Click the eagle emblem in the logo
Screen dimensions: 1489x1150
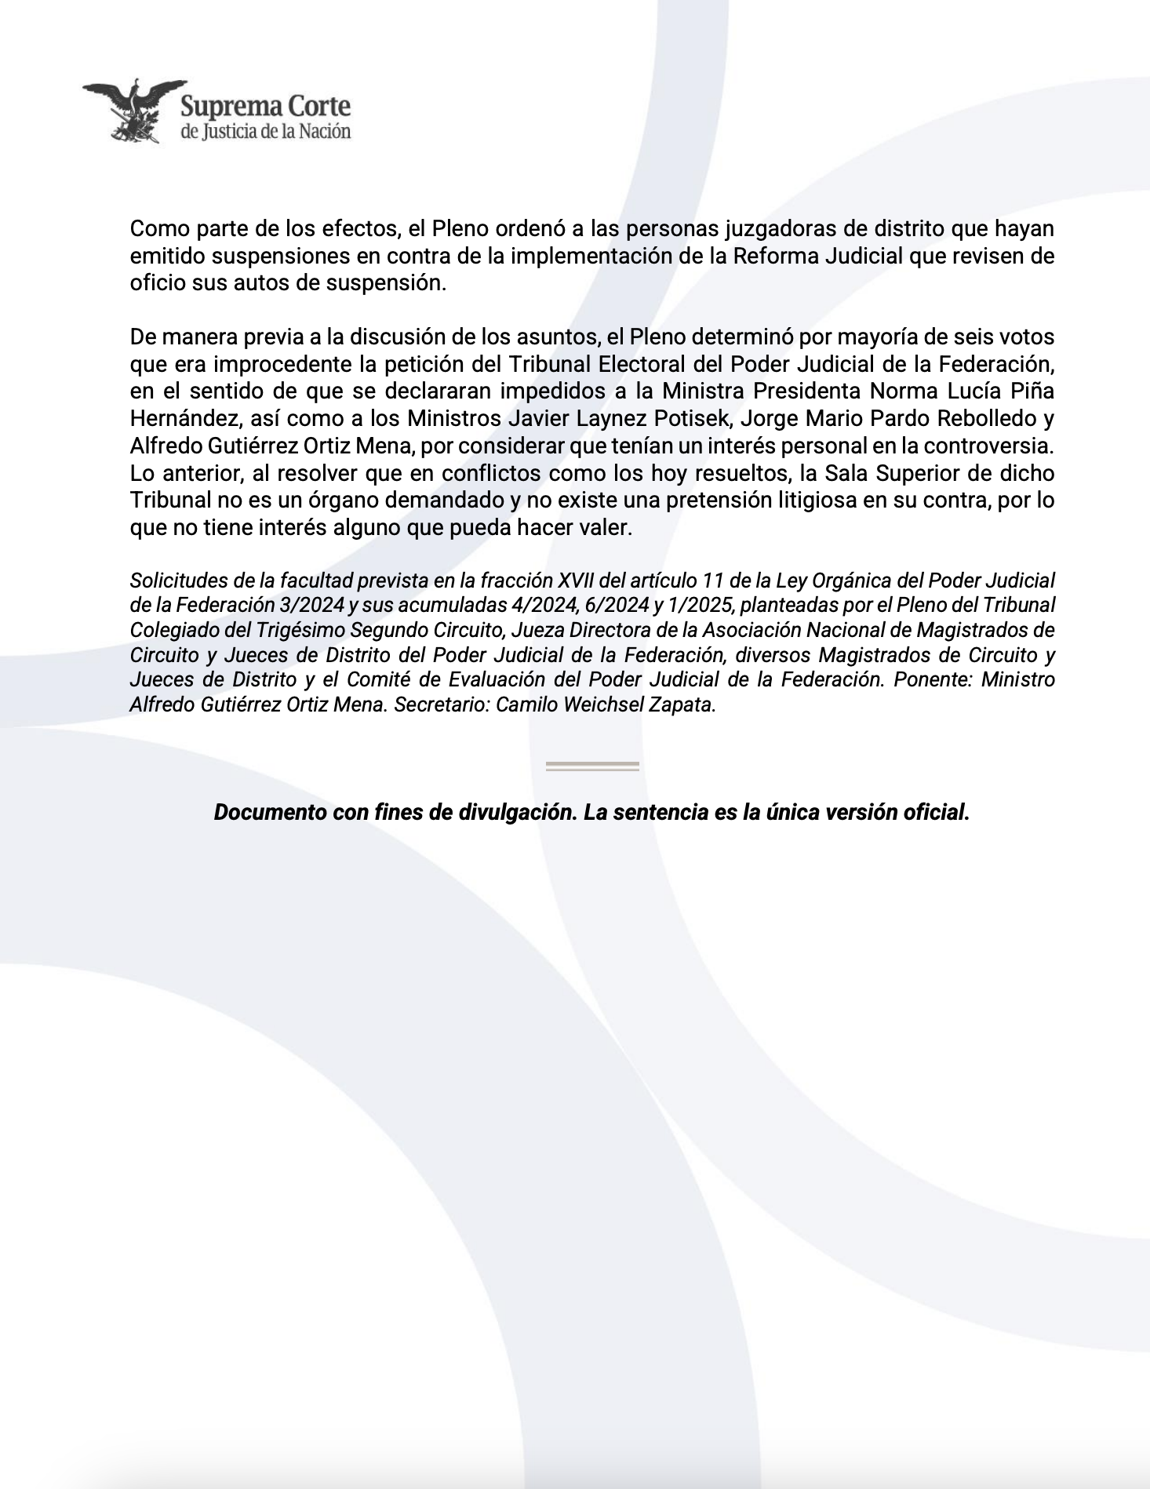[x=133, y=110]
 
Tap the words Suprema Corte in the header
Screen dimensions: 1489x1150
[x=265, y=107]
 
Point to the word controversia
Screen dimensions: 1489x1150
[x=995, y=446]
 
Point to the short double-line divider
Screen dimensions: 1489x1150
[x=592, y=766]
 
